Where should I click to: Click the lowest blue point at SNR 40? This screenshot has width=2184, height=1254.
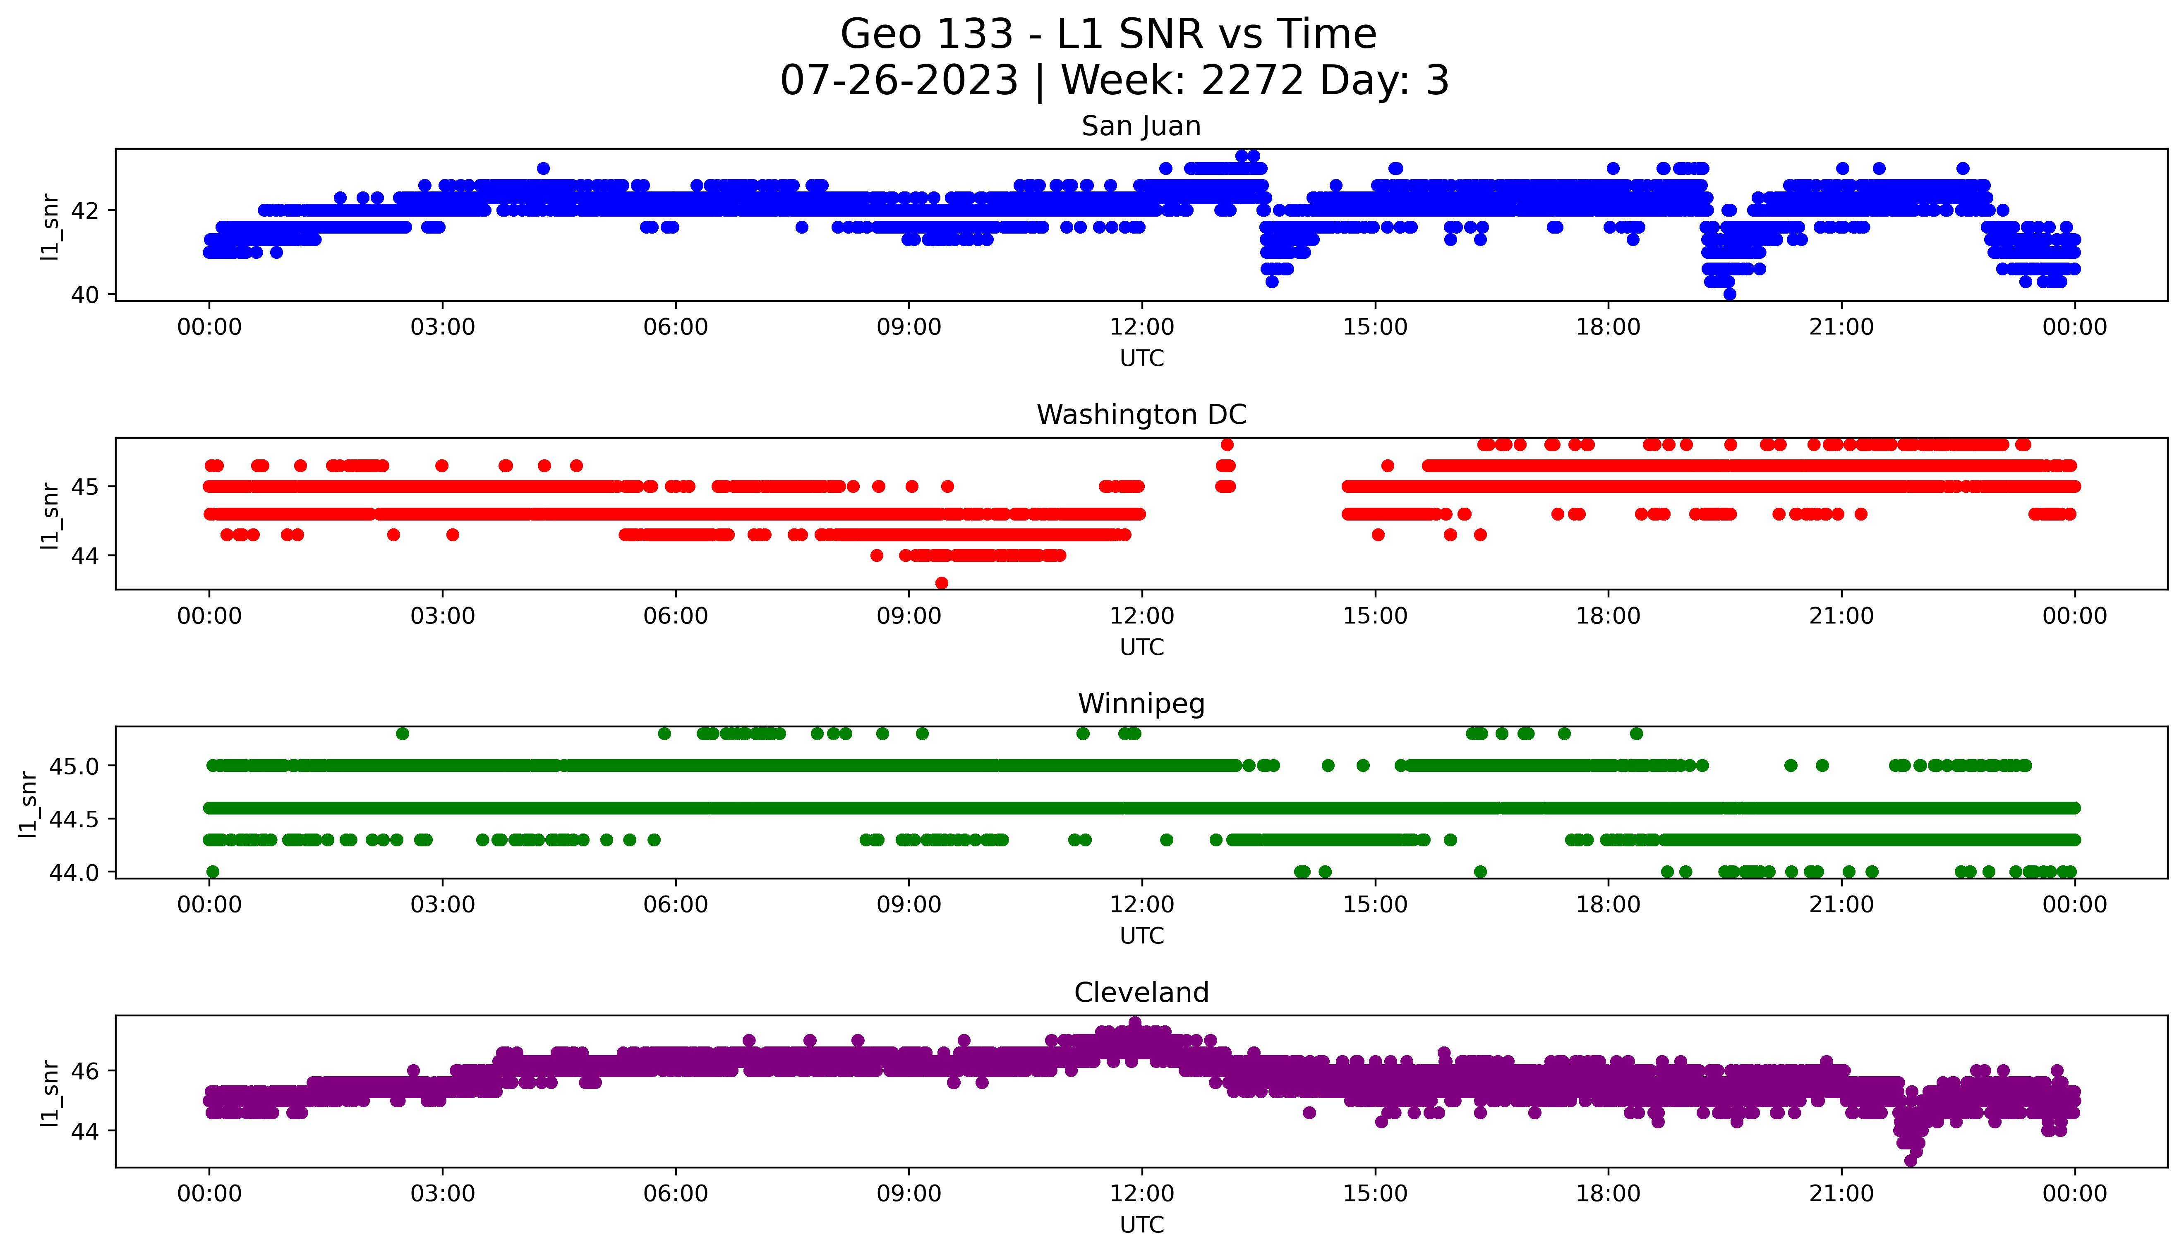(1729, 294)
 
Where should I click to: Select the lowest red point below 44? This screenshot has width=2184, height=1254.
(942, 583)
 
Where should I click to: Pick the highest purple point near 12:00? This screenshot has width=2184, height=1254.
(1135, 1022)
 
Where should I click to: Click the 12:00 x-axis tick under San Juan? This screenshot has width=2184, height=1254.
(1141, 327)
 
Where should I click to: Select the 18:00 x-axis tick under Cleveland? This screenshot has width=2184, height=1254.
(1608, 1194)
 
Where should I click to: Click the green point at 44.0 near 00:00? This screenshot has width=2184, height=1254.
(213, 872)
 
